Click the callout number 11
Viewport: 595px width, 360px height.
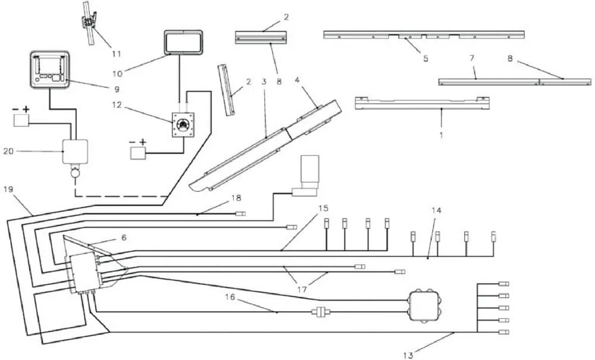click(x=117, y=54)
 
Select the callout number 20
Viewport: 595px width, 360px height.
click(x=8, y=151)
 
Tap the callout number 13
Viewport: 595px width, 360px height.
click(x=408, y=355)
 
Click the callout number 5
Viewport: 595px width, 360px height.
click(x=425, y=58)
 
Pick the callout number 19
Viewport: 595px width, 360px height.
click(x=8, y=189)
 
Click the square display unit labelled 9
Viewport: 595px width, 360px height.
click(x=50, y=70)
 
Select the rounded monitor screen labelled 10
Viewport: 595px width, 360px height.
click(x=183, y=42)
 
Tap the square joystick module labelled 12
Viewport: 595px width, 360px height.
click(x=183, y=124)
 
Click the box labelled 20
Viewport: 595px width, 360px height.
click(x=75, y=152)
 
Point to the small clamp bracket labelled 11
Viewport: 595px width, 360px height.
click(x=90, y=23)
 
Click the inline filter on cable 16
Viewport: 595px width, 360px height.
click(x=321, y=312)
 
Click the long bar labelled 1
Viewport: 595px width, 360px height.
click(x=422, y=104)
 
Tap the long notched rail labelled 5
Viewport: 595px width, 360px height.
click(x=424, y=35)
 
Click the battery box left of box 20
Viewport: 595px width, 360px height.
click(x=21, y=120)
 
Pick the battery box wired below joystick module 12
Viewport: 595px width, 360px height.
click(x=137, y=154)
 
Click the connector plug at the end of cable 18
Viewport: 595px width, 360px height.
click(x=240, y=214)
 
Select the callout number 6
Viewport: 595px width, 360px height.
click(x=124, y=238)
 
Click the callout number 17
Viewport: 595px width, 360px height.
click(x=302, y=290)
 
